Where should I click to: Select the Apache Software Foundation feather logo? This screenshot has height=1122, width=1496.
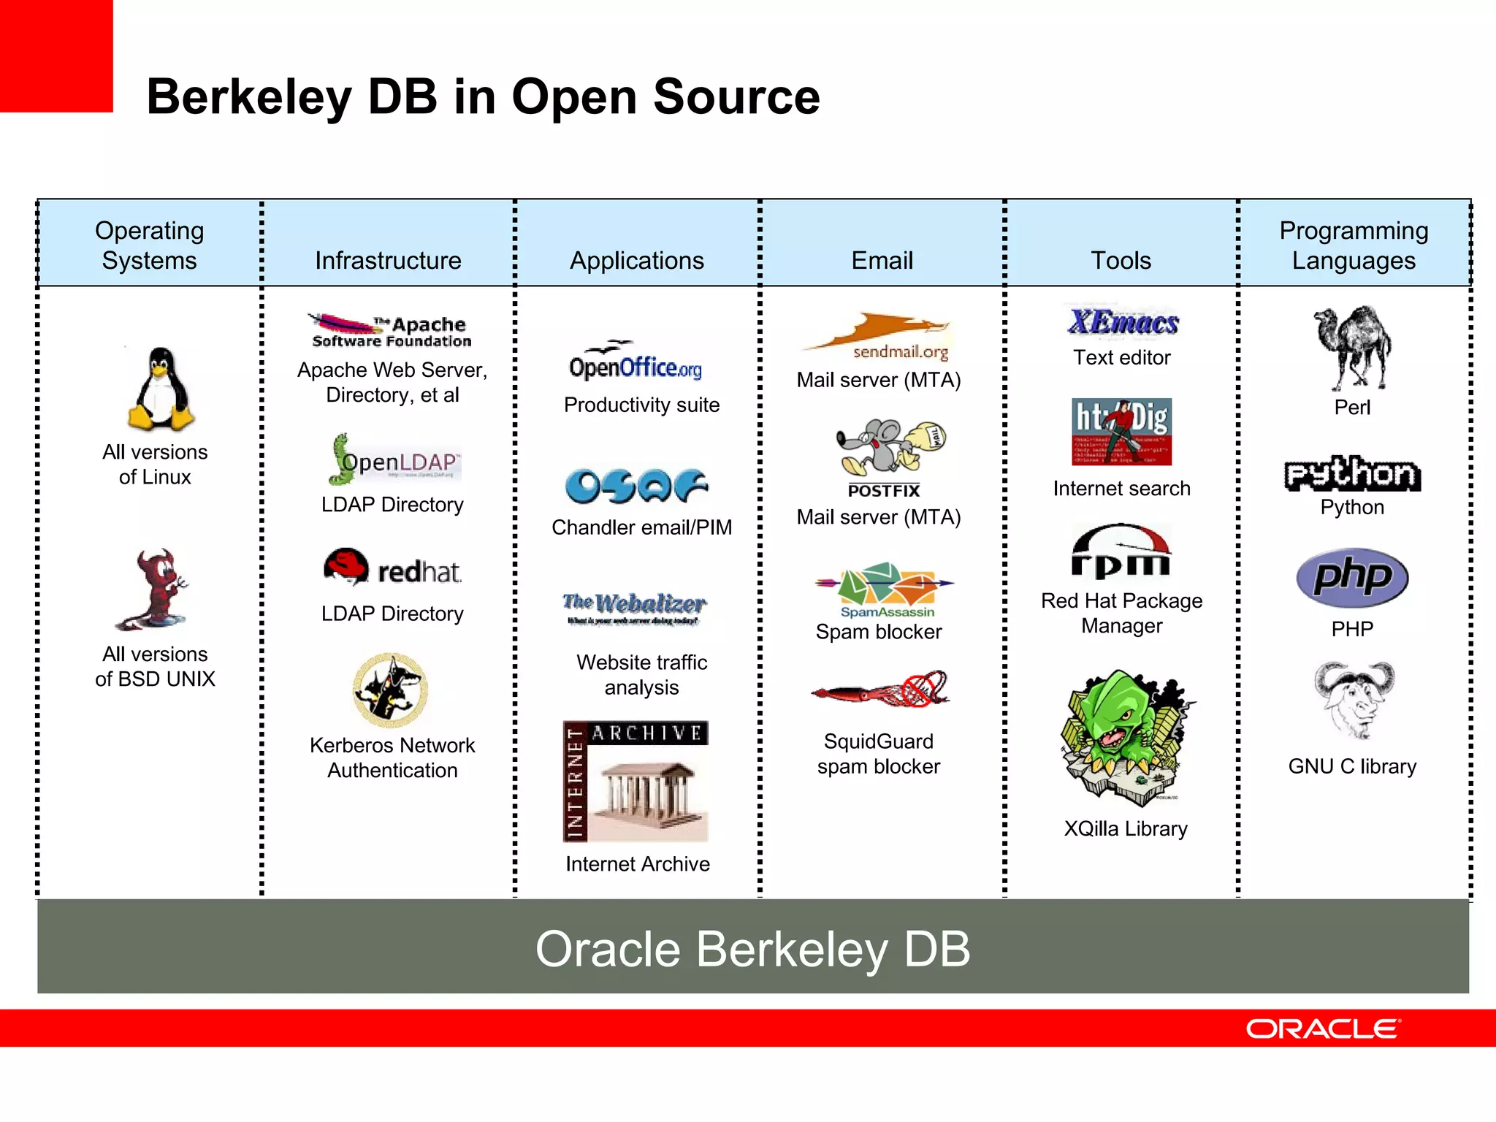pos(391,330)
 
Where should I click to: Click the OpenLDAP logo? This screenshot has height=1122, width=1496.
pos(395,460)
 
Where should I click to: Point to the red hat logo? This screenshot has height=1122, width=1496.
pos(392,568)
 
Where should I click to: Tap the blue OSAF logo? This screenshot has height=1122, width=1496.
pos(636,486)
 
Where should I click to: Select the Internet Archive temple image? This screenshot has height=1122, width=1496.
pos(636,782)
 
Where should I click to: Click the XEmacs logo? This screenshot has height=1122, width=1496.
pos(1123,321)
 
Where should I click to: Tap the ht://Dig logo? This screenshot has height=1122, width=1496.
pos(1121,431)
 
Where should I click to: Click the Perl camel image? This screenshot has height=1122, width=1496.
pos(1352,348)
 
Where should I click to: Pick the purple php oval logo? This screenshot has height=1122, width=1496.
pos(1352,577)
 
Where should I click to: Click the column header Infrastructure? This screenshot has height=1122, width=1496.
pos(388,261)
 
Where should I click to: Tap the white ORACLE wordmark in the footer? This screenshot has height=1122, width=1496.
pos(1323,1028)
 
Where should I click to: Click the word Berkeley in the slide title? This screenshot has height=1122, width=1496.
pos(249,97)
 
